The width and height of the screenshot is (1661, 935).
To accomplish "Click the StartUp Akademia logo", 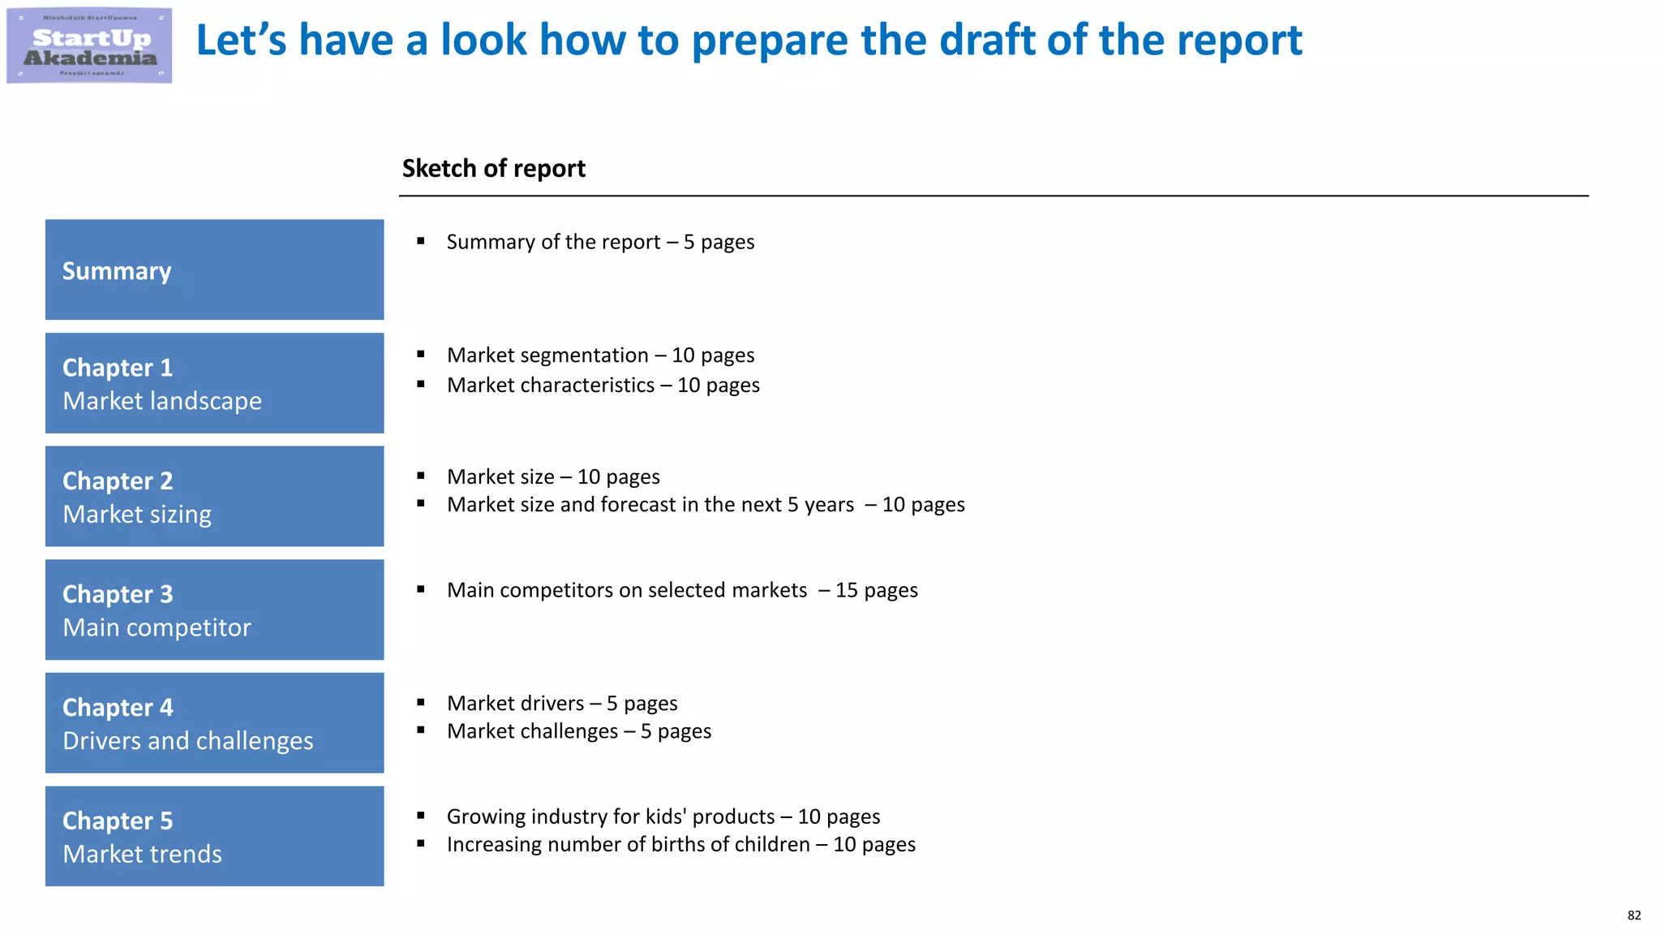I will click(89, 45).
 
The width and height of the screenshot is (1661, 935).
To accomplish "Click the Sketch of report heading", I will click(493, 168).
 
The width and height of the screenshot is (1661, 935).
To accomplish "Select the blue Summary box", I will click(214, 269).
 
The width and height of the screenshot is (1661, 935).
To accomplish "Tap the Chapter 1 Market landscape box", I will click(214, 383).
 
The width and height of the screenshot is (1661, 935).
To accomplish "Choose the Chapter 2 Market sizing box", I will click(214, 496).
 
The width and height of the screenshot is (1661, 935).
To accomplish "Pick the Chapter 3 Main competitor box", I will click(214, 610).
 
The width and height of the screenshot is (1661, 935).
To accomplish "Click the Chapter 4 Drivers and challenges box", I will click(214, 722).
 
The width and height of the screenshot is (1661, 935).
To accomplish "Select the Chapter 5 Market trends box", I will click(214, 836).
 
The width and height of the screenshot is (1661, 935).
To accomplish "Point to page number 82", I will click(1633, 915).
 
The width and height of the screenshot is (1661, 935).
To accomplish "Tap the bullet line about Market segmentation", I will click(600, 355).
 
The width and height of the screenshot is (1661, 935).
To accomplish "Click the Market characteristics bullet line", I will click(603, 385).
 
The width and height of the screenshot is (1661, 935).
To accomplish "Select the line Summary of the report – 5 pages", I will click(600, 242).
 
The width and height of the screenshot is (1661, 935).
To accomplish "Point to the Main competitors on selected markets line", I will click(682, 590).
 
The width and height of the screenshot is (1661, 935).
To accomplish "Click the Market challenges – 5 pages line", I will click(578, 731).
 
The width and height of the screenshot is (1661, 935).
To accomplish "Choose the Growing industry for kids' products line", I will click(663, 817).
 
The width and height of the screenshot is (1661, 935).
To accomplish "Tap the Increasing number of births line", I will click(680, 844).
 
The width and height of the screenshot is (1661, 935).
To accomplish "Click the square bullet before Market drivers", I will click(421, 702).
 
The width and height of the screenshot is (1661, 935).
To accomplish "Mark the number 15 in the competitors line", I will click(846, 590).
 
